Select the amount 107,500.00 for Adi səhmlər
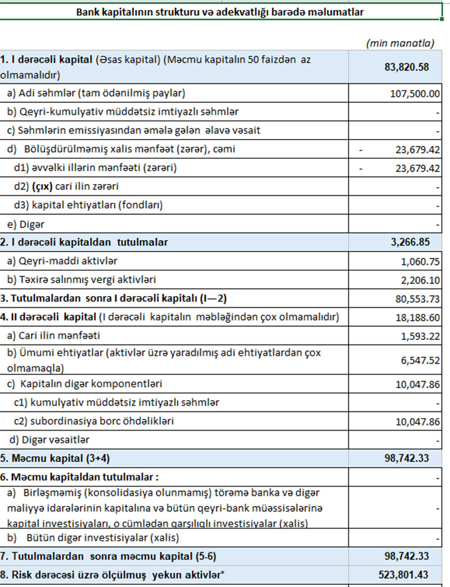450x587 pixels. tap(415, 93)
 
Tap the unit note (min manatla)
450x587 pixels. tap(400, 43)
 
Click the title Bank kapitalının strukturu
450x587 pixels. tap(220, 12)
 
